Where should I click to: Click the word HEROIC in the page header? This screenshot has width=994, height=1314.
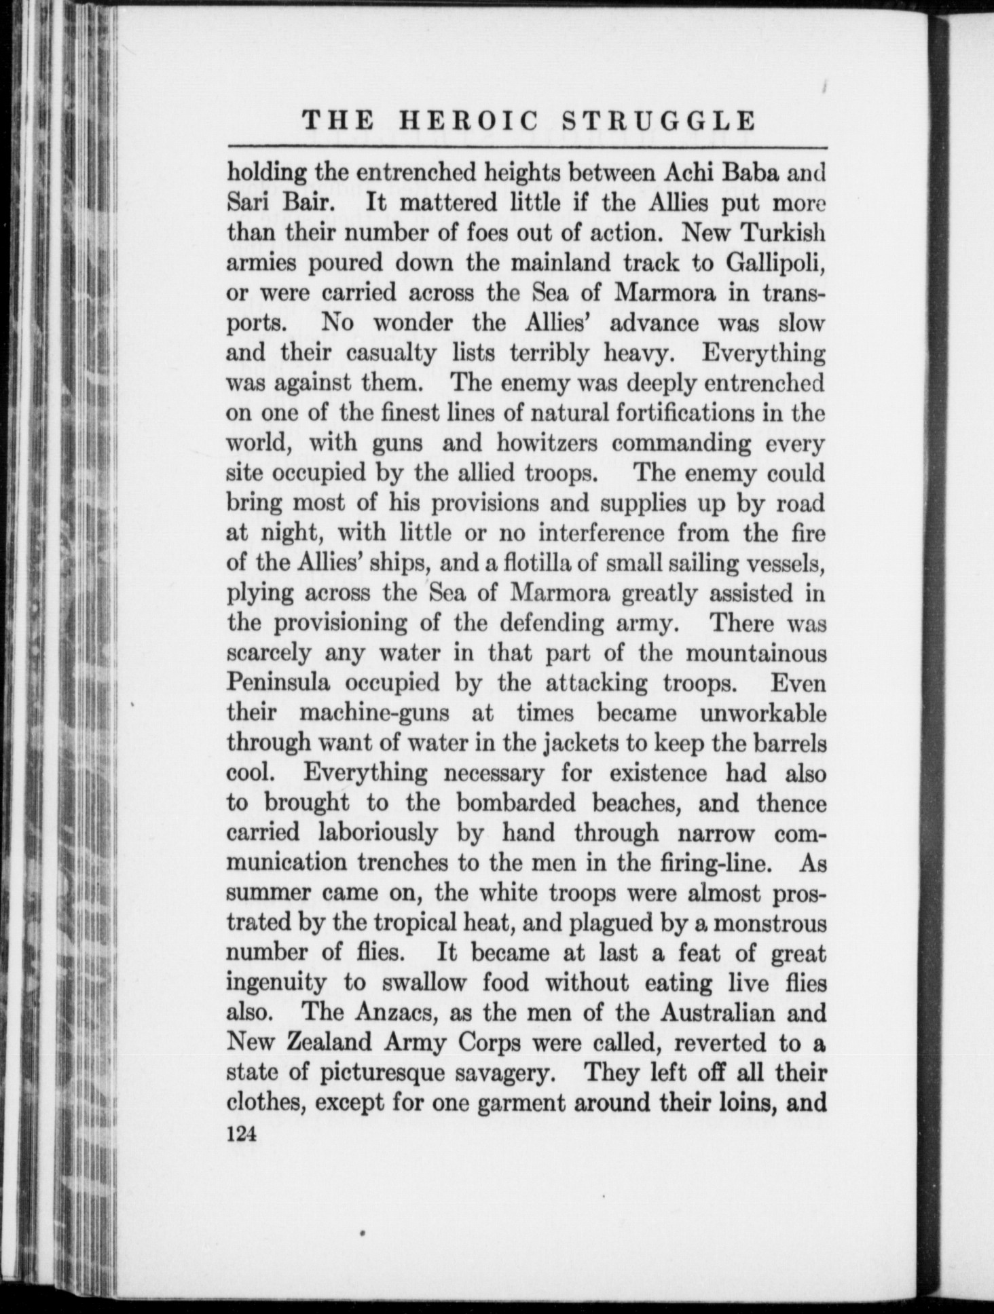click(x=468, y=121)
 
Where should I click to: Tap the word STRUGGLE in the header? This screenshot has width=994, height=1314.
click(x=659, y=121)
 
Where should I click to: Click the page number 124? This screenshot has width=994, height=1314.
click(x=241, y=1134)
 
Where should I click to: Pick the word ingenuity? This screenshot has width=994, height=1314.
click(x=276, y=983)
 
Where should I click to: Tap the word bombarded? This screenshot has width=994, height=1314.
click(x=515, y=804)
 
